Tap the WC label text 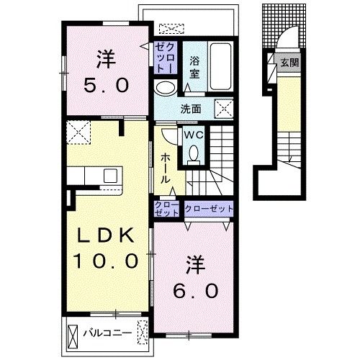194,135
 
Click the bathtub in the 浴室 221,66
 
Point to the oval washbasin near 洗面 165,88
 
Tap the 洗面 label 191,109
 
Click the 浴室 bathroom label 194,68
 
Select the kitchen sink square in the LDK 110,176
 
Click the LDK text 105,235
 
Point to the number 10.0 106,261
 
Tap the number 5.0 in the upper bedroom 107,85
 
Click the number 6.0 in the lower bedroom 196,291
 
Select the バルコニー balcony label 107,333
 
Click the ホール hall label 165,168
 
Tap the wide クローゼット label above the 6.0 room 209,208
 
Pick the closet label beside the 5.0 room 165,58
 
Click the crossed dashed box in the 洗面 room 224,109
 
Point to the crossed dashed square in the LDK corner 78,132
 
